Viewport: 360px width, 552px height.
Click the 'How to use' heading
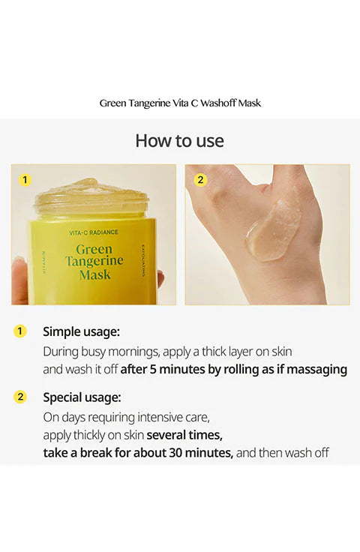179,141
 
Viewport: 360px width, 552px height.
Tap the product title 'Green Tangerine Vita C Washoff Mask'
180,103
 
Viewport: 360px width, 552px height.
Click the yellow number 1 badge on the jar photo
25,180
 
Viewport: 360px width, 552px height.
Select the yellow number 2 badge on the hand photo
200,180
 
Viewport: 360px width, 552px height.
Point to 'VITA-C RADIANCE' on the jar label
94,232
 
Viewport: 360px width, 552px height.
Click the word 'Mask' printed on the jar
95,274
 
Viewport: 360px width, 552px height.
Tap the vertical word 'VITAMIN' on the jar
44,262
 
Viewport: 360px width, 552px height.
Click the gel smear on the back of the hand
274,230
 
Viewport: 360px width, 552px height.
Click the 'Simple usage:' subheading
81,331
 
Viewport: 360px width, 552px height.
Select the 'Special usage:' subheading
82,397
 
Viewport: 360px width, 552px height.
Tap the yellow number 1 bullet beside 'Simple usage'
20,331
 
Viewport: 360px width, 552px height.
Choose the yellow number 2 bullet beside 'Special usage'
20,397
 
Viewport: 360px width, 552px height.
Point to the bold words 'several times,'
184,435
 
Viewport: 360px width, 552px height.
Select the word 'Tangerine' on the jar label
94,261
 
